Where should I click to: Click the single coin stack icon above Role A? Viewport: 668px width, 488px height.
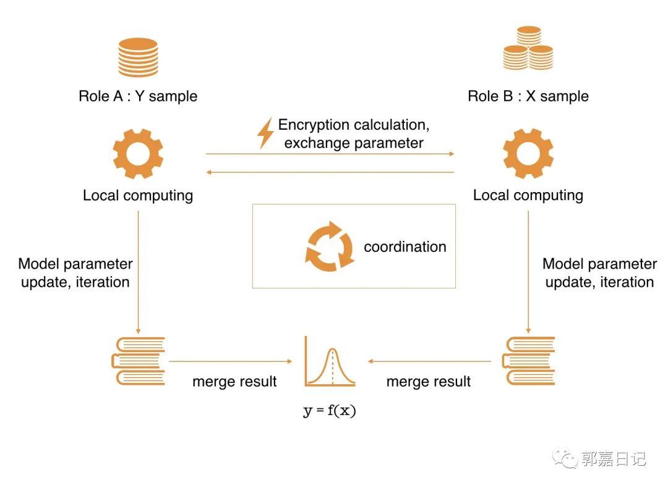(x=138, y=57)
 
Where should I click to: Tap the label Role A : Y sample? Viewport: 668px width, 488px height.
(x=138, y=96)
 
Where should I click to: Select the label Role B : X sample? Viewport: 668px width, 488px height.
(x=528, y=96)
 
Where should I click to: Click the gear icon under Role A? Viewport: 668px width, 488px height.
(x=138, y=154)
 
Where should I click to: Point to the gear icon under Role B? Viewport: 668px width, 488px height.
(x=528, y=154)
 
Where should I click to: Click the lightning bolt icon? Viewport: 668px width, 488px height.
(x=265, y=133)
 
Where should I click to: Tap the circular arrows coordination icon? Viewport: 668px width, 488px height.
(x=330, y=246)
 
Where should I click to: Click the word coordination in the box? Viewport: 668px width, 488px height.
(x=405, y=246)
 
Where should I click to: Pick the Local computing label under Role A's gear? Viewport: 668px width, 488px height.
(x=138, y=196)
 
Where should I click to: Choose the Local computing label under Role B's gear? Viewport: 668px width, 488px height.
(x=528, y=195)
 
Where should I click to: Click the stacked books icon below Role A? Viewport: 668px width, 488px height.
(x=138, y=361)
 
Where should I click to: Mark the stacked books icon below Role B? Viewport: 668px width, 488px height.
(x=528, y=361)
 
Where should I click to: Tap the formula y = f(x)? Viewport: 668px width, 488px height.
(x=330, y=411)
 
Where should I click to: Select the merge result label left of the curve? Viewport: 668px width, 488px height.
(x=234, y=381)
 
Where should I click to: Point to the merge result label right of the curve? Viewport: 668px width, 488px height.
(x=429, y=381)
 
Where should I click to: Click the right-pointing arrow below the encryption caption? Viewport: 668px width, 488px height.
(x=330, y=154)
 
